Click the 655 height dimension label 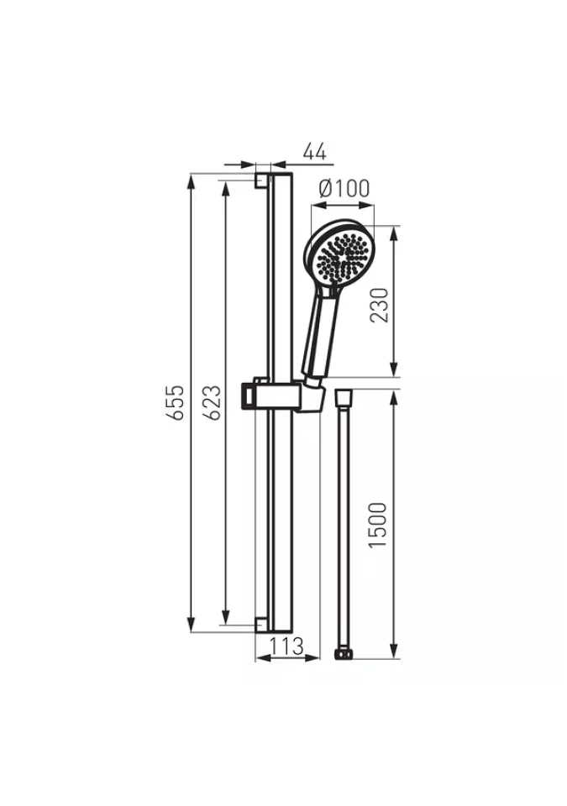pos(177,402)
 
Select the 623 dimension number pos(213,402)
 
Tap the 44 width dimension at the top pos(315,152)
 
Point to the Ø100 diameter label pos(344,189)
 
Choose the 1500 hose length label pos(378,524)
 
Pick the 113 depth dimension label pos(287,646)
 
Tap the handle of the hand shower pos(320,334)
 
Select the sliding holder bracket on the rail pos(281,395)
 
